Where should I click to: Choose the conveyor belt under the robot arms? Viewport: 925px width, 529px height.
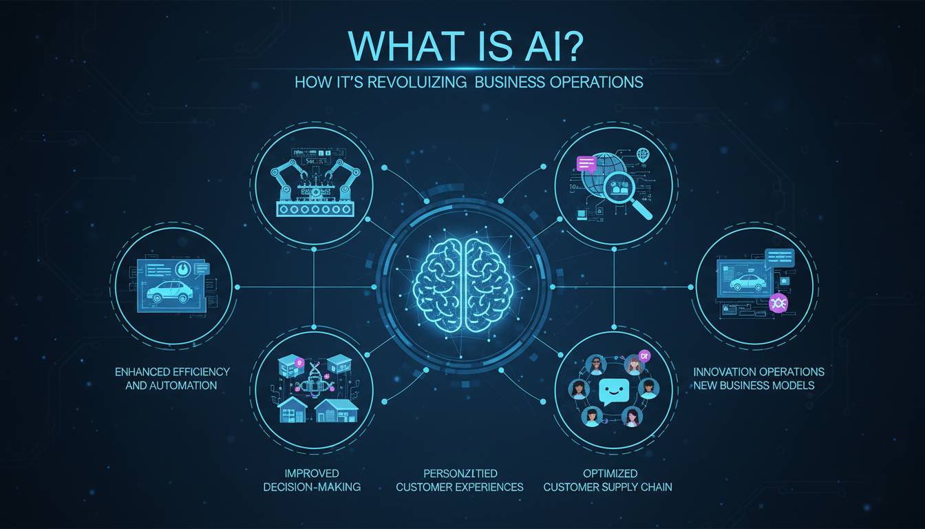[315, 209]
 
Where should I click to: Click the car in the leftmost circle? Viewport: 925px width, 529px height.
[165, 290]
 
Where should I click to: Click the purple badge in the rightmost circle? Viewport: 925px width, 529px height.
[778, 302]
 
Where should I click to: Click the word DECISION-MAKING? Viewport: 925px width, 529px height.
[313, 487]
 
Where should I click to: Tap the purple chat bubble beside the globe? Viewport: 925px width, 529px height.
[586, 164]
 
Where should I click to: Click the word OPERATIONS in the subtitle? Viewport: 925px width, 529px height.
[597, 82]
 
